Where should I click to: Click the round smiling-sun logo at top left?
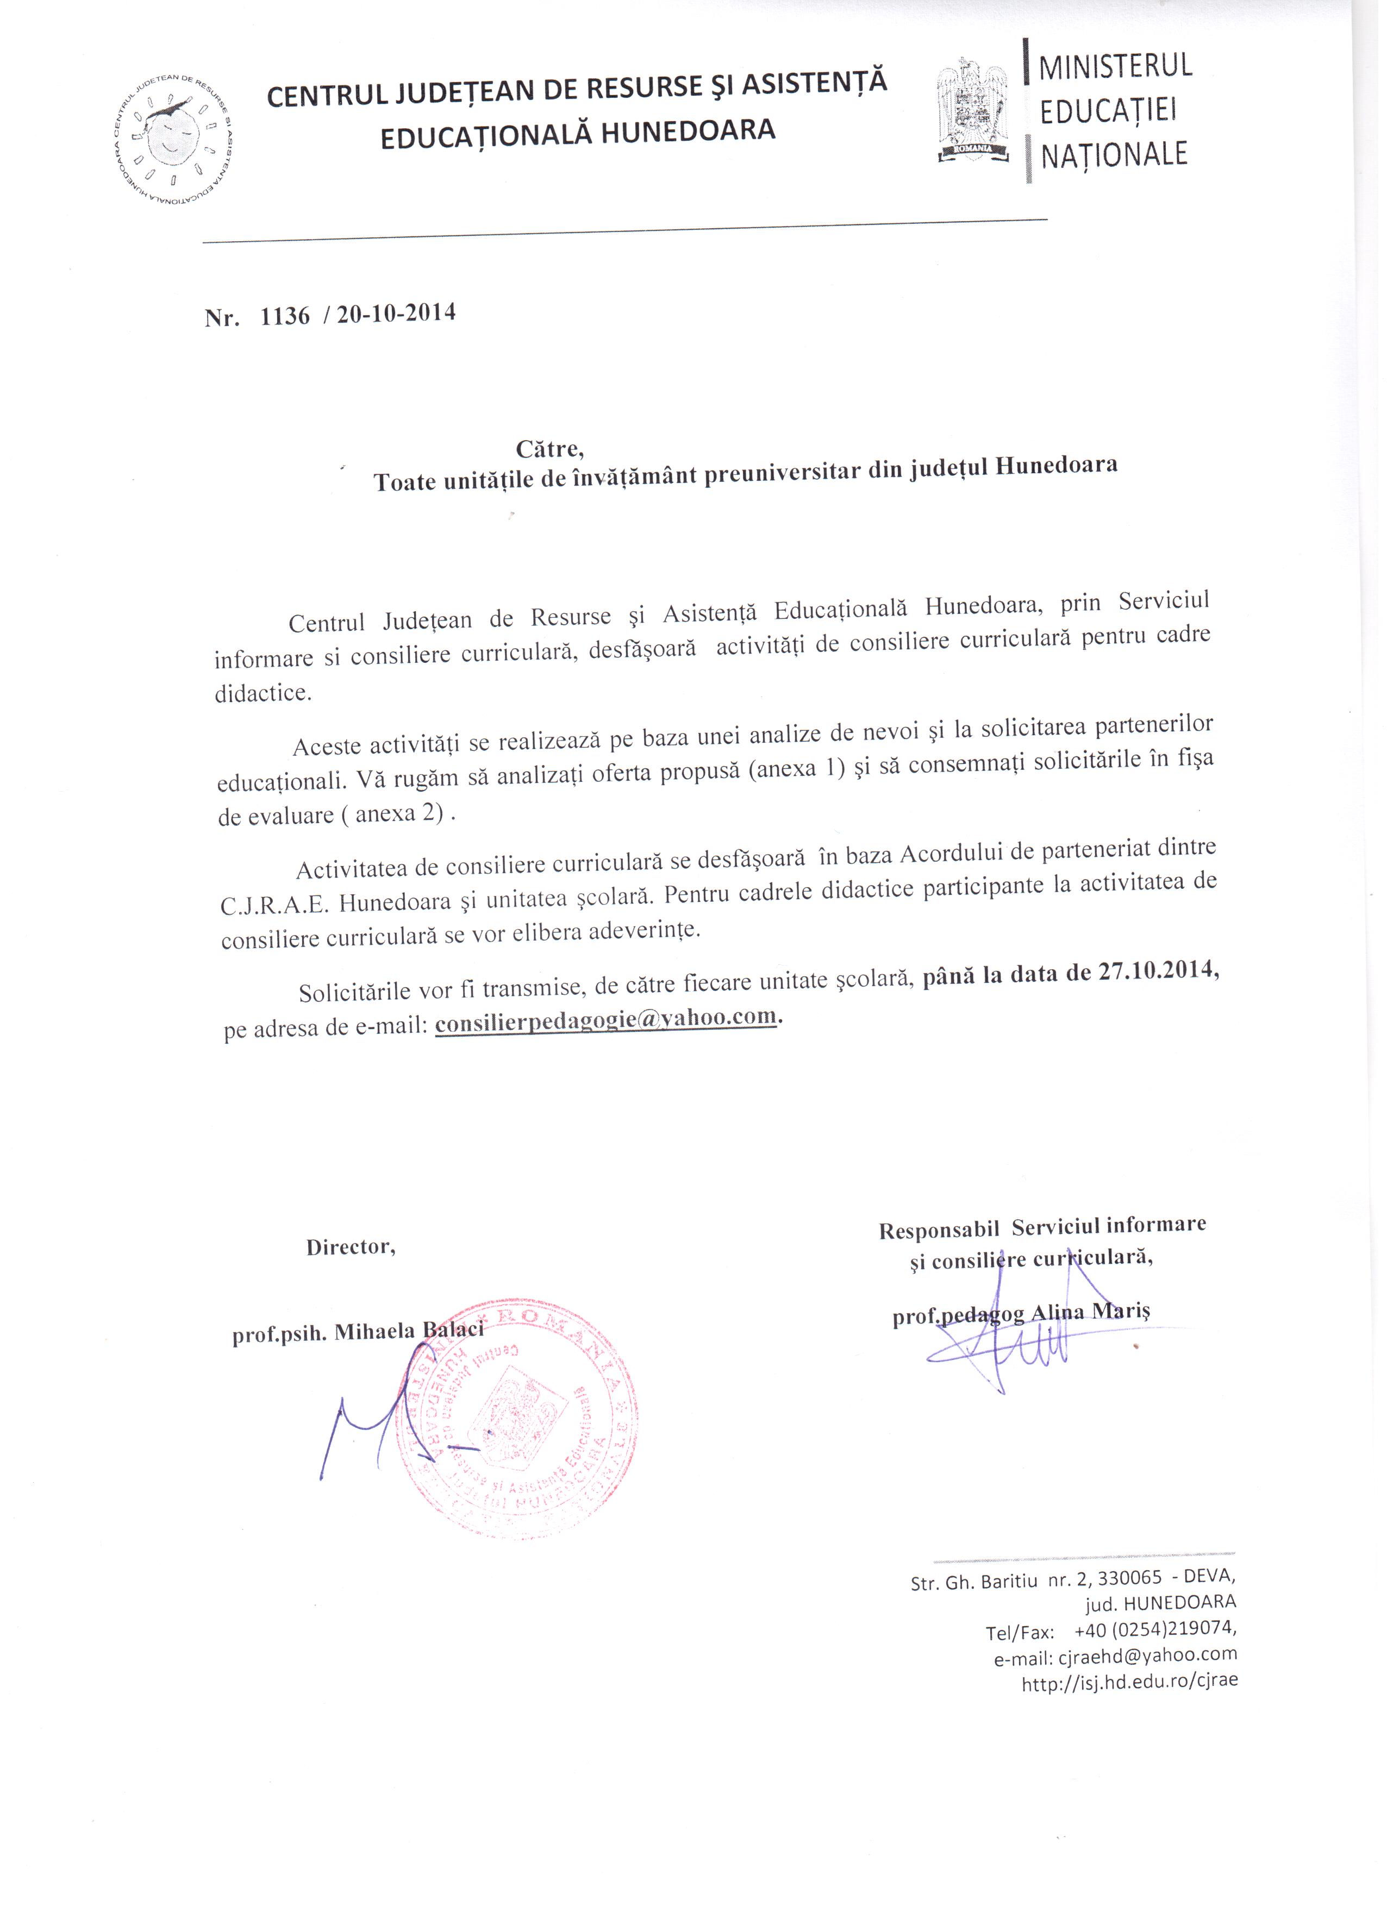coord(174,140)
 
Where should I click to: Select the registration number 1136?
coord(285,316)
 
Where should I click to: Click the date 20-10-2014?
coord(396,313)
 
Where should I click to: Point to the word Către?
coord(550,448)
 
